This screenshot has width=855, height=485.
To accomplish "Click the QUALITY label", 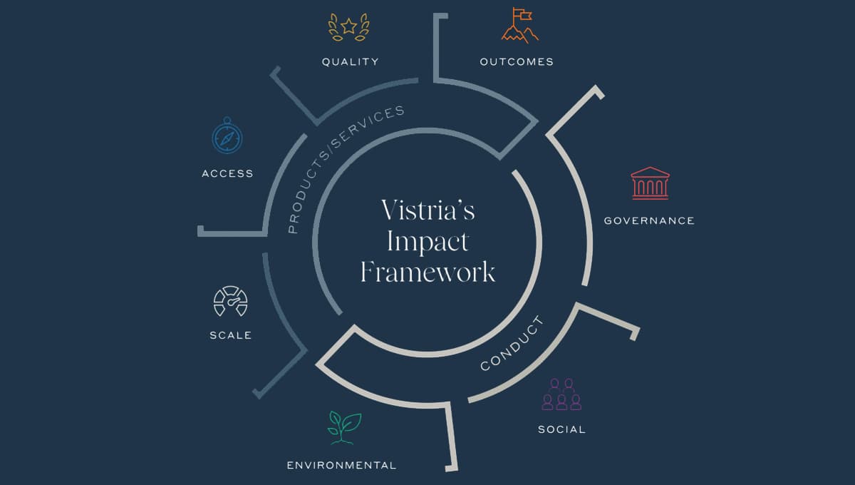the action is [351, 62].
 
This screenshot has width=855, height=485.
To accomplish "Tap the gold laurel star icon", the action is [349, 27].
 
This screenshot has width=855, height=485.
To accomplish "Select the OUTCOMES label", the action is [517, 62].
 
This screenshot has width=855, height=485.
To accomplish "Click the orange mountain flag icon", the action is [520, 25].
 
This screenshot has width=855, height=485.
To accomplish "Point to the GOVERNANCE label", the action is [649, 221].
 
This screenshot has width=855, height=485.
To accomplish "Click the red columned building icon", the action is [650, 183].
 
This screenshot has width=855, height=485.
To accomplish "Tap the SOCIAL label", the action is [561, 429].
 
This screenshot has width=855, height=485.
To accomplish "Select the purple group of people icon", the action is [561, 394].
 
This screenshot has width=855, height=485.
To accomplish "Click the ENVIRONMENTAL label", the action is [341, 466].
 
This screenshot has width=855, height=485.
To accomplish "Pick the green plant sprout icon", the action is [344, 428].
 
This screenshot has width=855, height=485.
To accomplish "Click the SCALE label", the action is [231, 335].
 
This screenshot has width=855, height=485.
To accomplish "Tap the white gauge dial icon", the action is [231, 301].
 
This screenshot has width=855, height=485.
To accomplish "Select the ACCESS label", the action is [227, 173].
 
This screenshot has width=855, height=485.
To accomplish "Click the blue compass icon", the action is [227, 136].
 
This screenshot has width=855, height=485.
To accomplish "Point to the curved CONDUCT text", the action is [512, 344].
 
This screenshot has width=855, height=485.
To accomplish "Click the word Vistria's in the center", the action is [428, 210].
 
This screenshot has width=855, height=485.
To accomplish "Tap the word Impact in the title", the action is [428, 242].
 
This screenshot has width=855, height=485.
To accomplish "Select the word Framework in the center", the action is [428, 272].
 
